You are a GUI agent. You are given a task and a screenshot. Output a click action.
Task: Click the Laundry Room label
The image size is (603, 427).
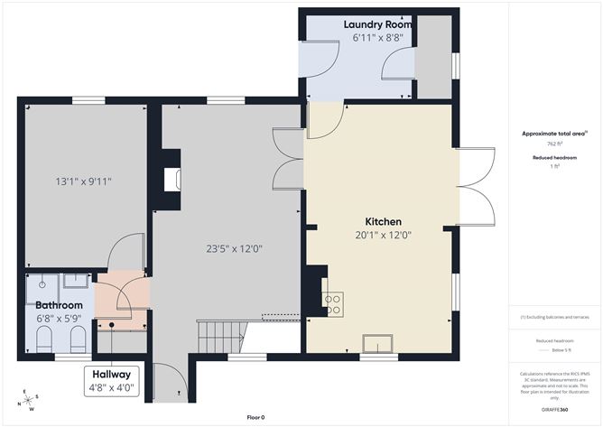click(x=378, y=24)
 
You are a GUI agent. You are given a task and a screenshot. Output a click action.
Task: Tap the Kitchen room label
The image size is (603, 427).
click(x=383, y=221)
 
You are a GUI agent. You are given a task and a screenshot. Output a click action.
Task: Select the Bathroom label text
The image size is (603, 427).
click(x=58, y=305)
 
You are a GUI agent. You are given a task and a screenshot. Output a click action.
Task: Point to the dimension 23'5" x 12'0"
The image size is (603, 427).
click(x=234, y=248)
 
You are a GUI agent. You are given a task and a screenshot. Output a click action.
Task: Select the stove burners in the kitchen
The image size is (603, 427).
click(x=332, y=303)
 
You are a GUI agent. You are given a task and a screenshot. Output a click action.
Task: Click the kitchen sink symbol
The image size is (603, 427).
click(x=376, y=342)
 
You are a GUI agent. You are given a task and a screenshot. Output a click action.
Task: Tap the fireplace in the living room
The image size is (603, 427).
click(x=172, y=180)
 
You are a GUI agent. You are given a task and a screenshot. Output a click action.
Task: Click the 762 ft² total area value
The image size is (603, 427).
click(x=554, y=144)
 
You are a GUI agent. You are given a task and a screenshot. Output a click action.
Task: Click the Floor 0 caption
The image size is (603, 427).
click(x=257, y=417)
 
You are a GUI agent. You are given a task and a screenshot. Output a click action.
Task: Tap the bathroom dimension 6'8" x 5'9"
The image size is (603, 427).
click(x=59, y=318)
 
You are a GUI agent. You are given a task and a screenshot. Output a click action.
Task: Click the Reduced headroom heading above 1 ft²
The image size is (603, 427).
click(x=554, y=157)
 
